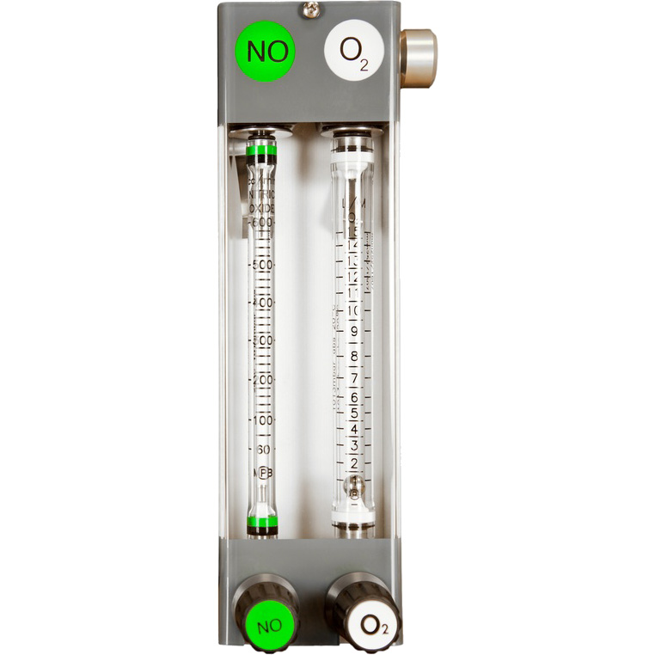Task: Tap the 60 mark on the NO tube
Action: click(x=263, y=449)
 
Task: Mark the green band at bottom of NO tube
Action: click(x=262, y=522)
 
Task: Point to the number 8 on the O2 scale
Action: click(x=353, y=356)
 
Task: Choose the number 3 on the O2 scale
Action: click(x=353, y=445)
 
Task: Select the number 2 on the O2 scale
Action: click(x=353, y=464)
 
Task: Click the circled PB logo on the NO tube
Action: click(x=264, y=473)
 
